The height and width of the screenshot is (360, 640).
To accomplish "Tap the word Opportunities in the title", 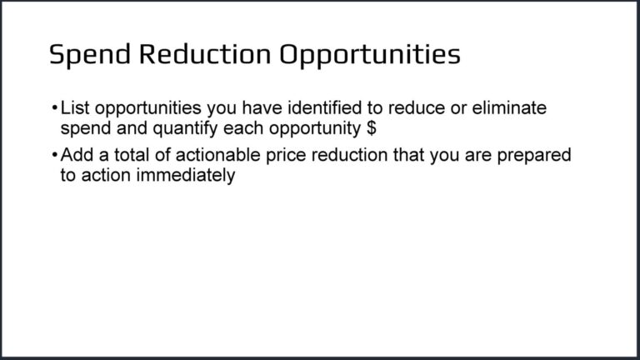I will coord(369,55).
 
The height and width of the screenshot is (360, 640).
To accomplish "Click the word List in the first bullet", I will coord(73,109).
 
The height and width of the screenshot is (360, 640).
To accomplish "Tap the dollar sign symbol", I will coord(372,129).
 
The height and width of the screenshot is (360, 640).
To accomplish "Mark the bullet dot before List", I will coord(54,110).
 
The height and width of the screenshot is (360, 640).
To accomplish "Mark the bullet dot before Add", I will coord(54,157).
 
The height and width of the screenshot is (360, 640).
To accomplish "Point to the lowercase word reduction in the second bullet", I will coord(343,156).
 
